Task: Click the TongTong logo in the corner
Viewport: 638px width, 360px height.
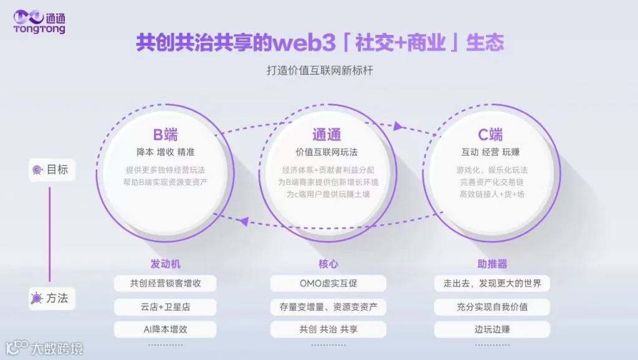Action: [39, 21]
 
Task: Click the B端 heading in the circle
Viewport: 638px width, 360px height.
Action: [166, 135]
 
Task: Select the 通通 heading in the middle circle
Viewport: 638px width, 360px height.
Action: [326, 135]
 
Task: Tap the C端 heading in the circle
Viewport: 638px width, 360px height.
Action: [490, 135]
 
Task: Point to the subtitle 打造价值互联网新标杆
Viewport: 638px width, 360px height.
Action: [320, 70]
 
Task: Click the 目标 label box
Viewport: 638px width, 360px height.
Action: [52, 169]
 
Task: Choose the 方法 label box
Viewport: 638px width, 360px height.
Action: [52, 298]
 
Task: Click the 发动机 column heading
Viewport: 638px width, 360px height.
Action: [165, 264]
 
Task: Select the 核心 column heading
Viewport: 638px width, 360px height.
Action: [328, 264]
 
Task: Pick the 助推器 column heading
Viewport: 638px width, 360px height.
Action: [492, 264]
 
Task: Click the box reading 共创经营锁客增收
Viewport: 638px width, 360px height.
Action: [165, 283]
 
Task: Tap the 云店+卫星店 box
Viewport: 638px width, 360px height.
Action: [165, 306]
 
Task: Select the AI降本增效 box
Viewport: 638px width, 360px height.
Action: [165, 329]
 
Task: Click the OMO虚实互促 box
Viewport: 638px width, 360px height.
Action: [328, 283]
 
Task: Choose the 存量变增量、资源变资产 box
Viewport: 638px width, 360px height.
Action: [328, 306]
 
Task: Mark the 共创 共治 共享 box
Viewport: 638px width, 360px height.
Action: [328, 329]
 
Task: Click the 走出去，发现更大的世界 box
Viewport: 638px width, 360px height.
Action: [492, 283]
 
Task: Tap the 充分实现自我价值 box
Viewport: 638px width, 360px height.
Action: [492, 306]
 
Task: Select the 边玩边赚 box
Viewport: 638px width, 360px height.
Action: [492, 329]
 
